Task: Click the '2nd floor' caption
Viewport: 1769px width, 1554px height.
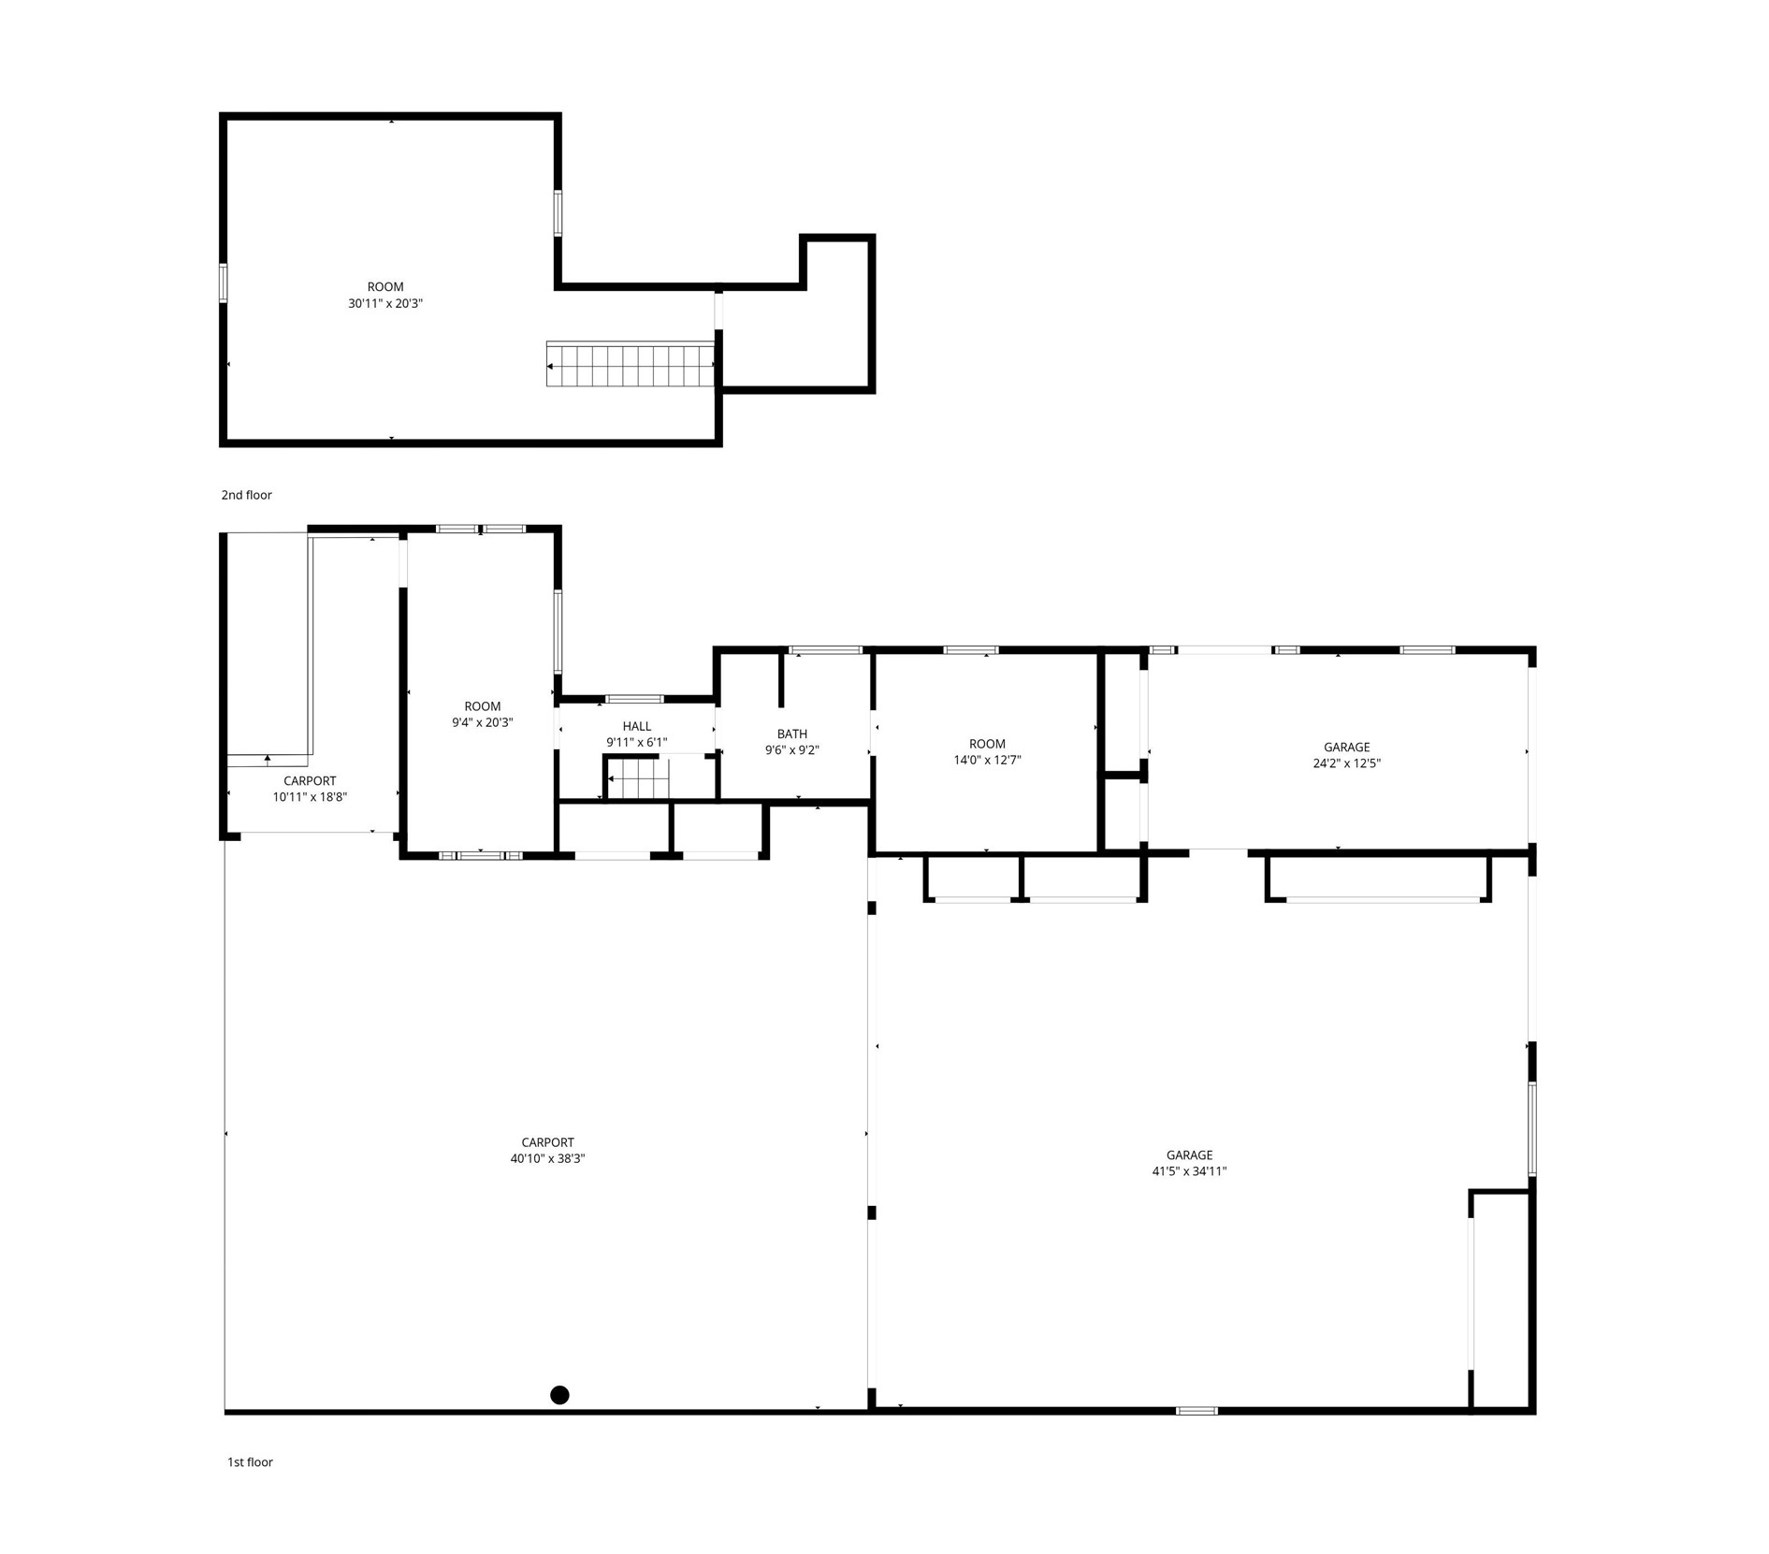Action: coord(246,495)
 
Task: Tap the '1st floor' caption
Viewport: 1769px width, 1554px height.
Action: coord(250,1462)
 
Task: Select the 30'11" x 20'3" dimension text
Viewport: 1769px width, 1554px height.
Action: coord(385,303)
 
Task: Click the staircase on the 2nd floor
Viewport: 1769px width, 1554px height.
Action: coord(631,363)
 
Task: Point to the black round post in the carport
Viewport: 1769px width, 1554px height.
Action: coord(559,1395)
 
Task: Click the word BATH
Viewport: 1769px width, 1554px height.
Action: coord(792,733)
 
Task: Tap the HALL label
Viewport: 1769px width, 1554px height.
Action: coord(637,726)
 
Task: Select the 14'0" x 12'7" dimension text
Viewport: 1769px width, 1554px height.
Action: coord(987,760)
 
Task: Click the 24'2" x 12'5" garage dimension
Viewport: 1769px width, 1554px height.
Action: coord(1346,762)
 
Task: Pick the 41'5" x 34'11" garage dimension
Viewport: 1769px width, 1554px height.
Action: coord(1189,1170)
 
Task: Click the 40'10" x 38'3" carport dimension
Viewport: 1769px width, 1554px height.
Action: coord(547,1158)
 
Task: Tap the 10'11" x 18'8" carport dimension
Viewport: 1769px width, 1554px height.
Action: coord(310,797)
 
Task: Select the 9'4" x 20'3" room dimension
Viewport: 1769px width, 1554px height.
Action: coord(483,722)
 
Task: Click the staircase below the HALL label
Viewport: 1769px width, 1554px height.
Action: coord(639,778)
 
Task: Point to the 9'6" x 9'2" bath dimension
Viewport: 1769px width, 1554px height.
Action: coord(792,749)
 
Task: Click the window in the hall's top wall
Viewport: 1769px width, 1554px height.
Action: coord(635,699)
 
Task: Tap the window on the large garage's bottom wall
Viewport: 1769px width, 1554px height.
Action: coord(1197,1411)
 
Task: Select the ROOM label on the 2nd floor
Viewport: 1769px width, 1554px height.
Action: coord(385,287)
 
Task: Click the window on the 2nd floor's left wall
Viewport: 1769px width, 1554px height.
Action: coord(224,283)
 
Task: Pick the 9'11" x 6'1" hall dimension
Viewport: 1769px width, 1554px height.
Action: coord(637,743)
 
